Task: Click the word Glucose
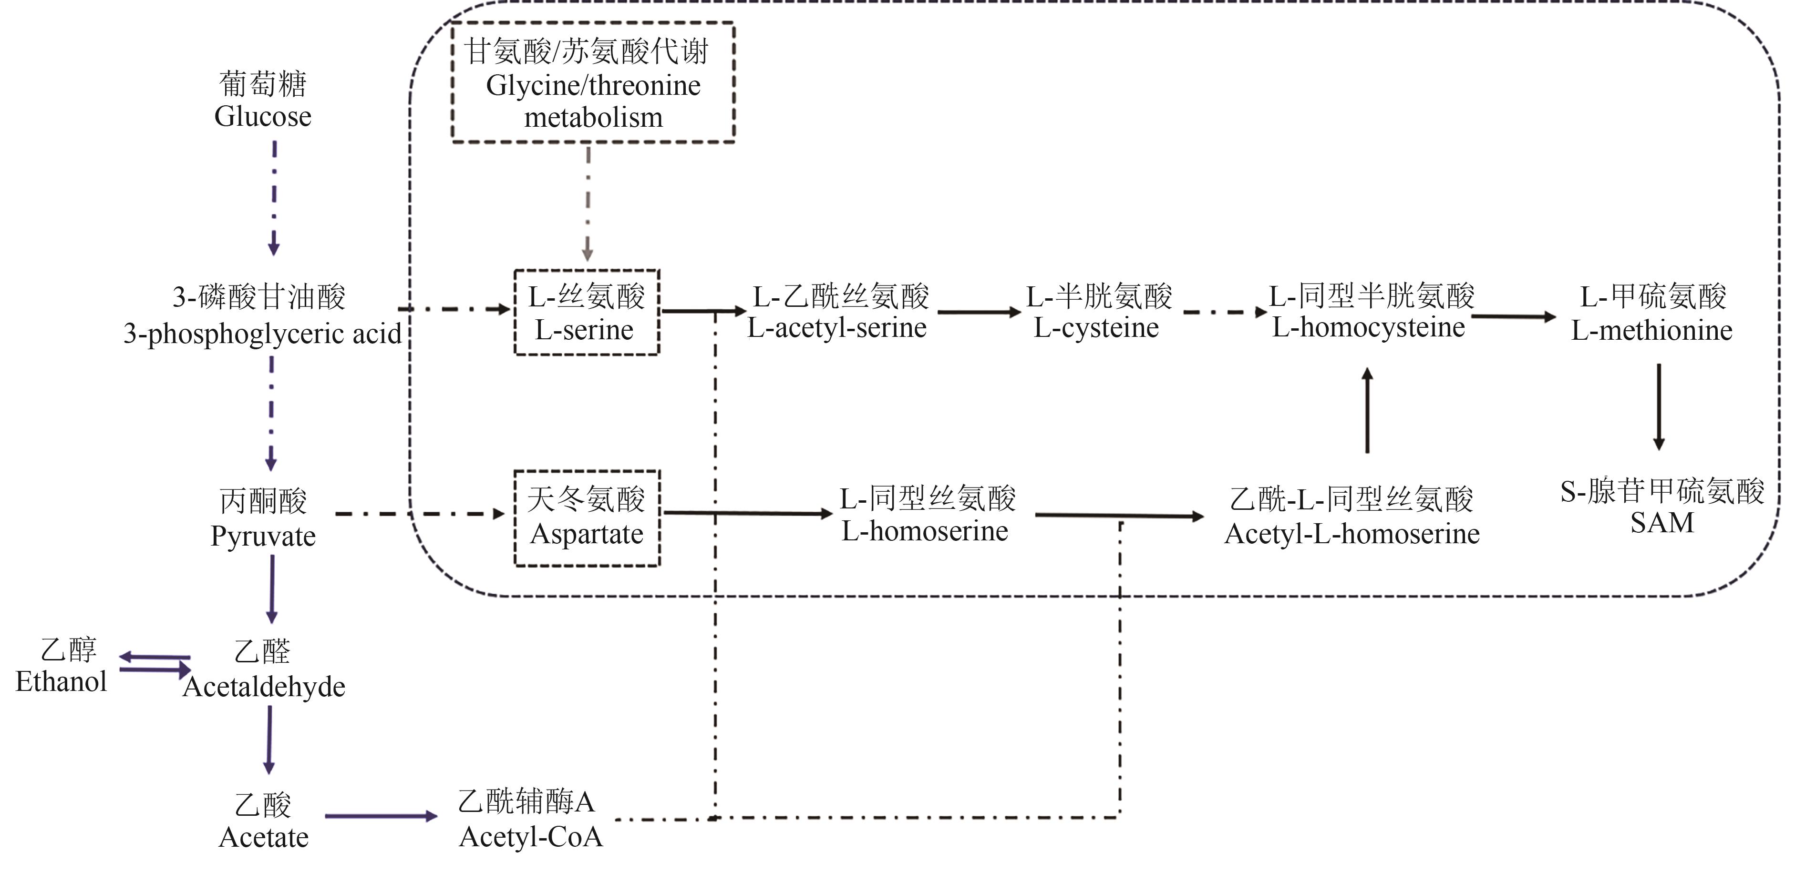[263, 116]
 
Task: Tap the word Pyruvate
[263, 536]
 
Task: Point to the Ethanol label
[62, 681]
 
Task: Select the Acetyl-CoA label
[530, 836]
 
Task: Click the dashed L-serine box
[587, 313]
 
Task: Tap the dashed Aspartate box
[587, 518]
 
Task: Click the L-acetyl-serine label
[837, 327]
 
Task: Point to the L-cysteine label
[1096, 327]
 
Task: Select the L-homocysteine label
[1369, 327]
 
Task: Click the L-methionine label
[1651, 330]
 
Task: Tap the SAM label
[1662, 522]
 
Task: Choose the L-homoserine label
[925, 531]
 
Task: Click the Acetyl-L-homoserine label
[1352, 534]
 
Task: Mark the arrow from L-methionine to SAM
[1659, 407]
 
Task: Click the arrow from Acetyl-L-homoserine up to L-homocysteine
[1367, 410]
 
